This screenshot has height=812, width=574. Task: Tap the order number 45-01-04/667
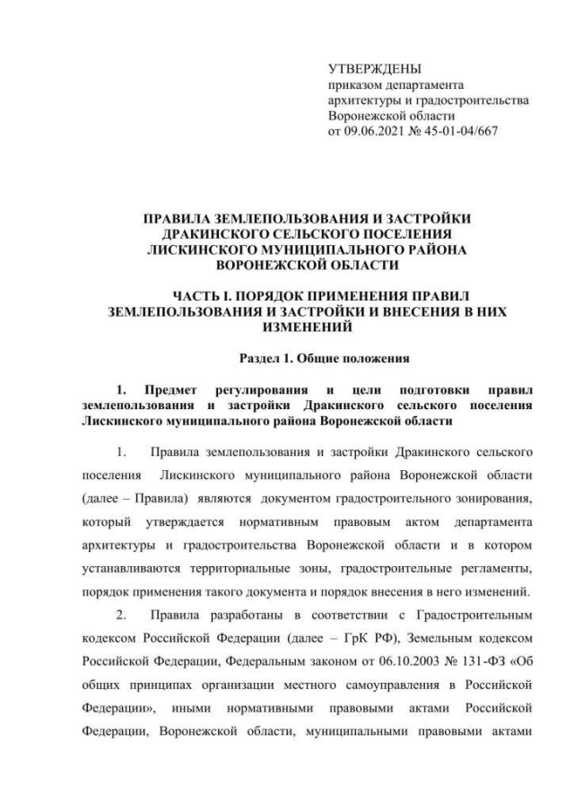(457, 131)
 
